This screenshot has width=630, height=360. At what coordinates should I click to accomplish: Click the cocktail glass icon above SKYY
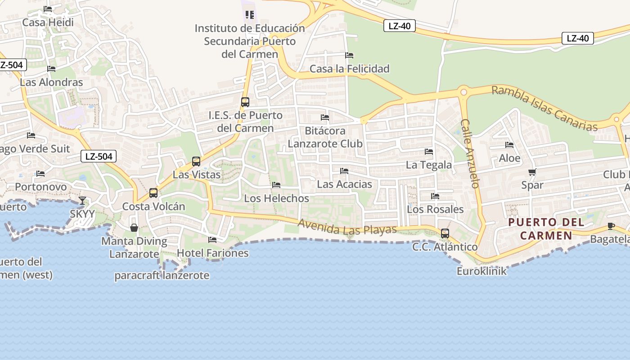click(82, 201)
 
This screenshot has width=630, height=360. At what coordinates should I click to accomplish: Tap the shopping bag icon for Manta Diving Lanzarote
click(134, 228)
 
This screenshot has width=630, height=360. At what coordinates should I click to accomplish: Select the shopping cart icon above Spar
click(532, 172)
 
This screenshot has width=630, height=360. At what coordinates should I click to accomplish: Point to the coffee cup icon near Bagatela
click(611, 226)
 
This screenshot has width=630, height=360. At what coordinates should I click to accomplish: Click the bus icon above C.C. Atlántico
click(445, 234)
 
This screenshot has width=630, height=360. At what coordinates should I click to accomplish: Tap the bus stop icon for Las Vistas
click(196, 161)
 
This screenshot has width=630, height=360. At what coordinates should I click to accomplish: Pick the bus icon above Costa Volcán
click(153, 193)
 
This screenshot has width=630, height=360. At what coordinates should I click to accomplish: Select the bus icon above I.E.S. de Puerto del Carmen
click(245, 102)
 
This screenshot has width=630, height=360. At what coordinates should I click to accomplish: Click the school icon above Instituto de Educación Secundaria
click(250, 15)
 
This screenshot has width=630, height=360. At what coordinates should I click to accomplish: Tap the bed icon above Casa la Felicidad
click(349, 55)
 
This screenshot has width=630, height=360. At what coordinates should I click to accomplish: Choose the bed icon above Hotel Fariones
click(212, 240)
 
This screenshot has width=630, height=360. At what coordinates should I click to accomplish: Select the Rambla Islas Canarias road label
click(544, 108)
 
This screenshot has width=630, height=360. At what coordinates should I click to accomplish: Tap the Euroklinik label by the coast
click(481, 271)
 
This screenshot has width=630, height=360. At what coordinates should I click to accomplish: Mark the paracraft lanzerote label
click(162, 275)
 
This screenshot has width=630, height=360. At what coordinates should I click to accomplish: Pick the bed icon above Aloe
click(509, 145)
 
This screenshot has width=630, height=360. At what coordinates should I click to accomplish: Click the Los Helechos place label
click(276, 198)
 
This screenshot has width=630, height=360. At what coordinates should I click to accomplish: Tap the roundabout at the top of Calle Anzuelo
click(463, 92)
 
